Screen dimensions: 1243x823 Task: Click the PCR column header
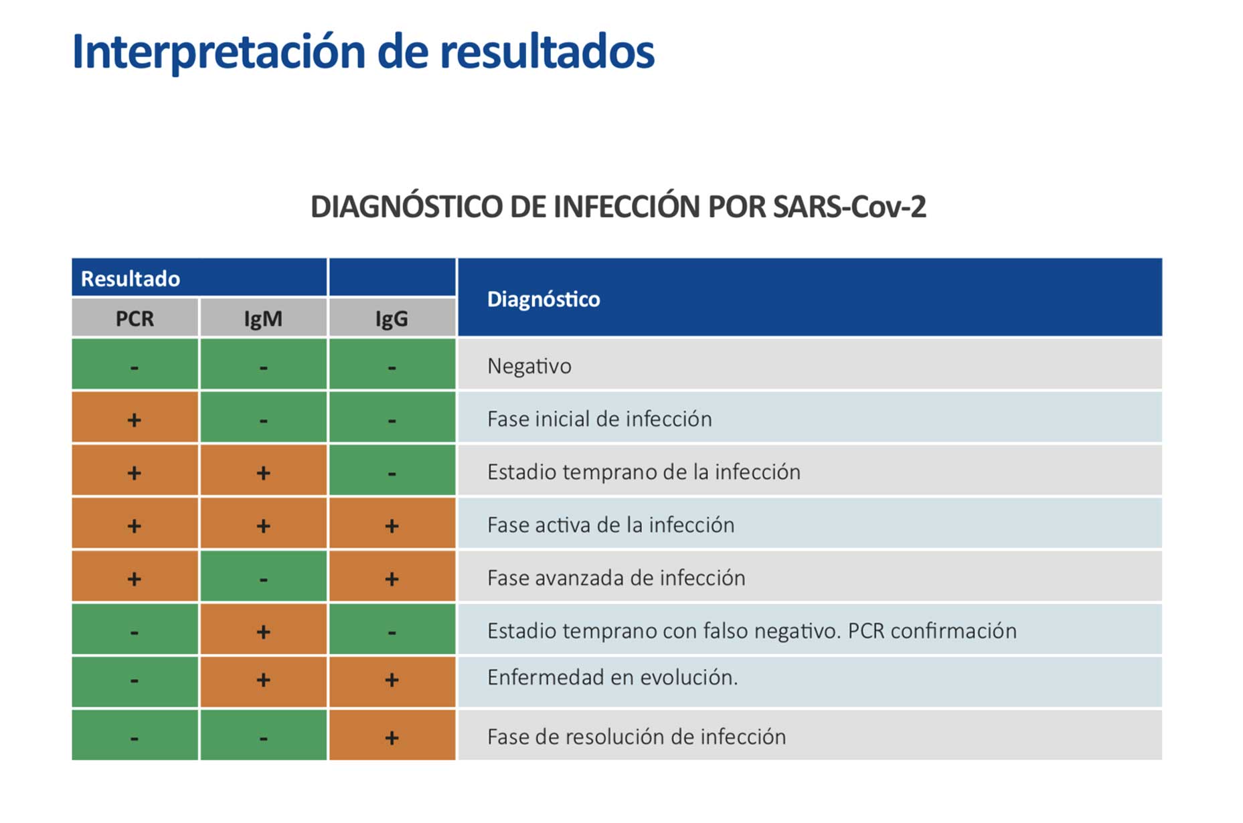click(135, 318)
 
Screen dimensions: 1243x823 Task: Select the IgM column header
click(263, 318)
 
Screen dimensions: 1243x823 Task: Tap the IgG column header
click(392, 318)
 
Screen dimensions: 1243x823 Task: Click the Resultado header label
click(131, 278)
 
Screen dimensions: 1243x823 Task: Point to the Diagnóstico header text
click(544, 299)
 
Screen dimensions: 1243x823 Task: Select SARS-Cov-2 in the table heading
click(849, 207)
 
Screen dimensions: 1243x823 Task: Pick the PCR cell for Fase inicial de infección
click(135, 418)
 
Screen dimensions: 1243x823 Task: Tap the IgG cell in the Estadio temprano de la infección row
click(392, 471)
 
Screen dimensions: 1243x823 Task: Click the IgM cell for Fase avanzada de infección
click(263, 577)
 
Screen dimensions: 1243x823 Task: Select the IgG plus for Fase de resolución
click(392, 737)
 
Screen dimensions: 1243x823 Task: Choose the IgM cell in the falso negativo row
click(263, 630)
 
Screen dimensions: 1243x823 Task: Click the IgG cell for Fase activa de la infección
click(392, 524)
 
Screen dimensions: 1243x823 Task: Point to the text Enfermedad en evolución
click(612, 677)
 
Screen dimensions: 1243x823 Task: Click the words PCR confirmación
click(932, 631)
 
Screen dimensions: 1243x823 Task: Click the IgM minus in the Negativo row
click(263, 367)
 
